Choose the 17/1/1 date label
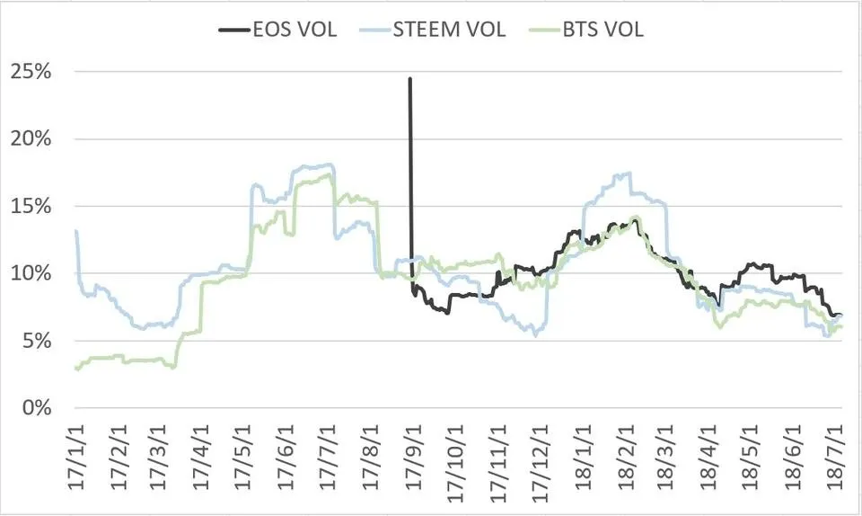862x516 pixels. tap(77, 459)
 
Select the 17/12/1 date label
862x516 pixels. tap(538, 459)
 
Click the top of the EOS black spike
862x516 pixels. tap(410, 79)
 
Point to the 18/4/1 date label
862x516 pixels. tap(707, 459)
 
